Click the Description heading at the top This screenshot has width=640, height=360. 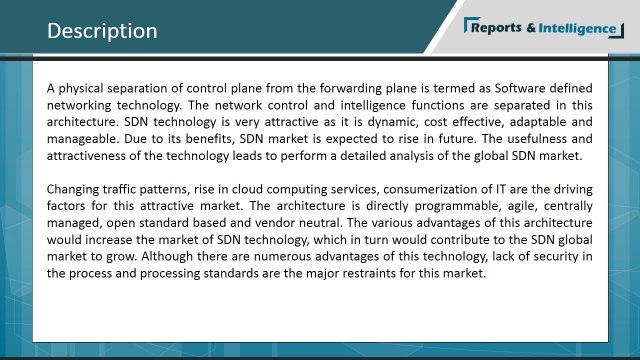[x=102, y=31]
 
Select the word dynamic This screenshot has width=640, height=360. [x=386, y=122]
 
